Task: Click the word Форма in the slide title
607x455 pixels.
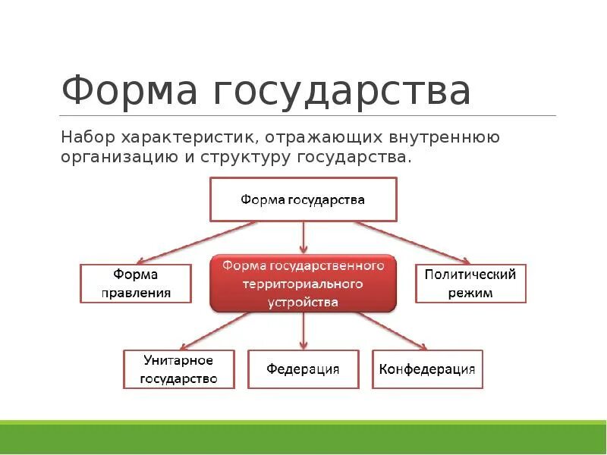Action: pos(128,90)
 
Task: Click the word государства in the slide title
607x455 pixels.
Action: pos(341,92)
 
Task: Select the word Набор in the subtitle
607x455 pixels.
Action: pos(88,138)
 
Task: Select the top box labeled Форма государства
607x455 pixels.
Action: pos(303,199)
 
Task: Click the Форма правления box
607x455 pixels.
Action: pos(136,283)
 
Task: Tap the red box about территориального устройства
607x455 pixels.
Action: pos(303,283)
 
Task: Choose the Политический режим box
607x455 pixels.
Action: pos(470,283)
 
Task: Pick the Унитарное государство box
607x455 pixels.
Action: pos(178,369)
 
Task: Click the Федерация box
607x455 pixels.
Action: pos(303,369)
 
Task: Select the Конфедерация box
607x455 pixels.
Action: pos(427,369)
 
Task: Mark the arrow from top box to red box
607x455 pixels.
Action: pos(303,237)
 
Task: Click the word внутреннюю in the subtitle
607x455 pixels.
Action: pos(442,138)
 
